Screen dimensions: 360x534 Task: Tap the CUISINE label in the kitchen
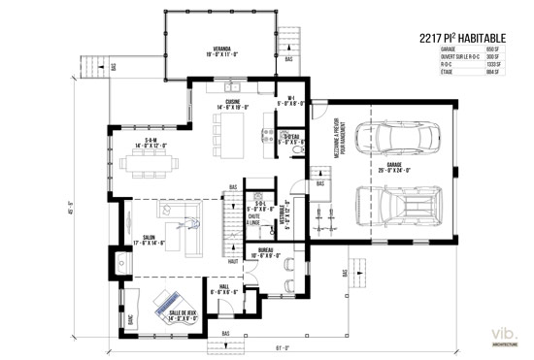pyautogui.click(x=234, y=105)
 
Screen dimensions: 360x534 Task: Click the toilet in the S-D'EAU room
pyautogui.click(x=300, y=153)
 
